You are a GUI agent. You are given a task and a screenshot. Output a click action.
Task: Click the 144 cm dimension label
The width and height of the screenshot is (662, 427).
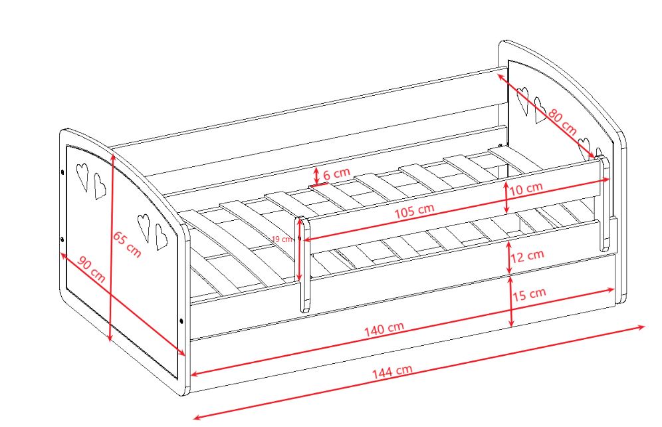pos(391,371)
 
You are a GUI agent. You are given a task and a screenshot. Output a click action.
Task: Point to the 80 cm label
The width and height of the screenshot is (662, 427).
pos(562,122)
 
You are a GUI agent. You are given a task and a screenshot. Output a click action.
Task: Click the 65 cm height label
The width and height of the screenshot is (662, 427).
pos(127,244)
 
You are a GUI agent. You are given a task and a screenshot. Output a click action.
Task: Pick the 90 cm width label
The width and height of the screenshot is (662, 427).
pos(92,269)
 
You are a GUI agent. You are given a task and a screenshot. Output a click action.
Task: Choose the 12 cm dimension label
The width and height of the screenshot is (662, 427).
pos(527,255)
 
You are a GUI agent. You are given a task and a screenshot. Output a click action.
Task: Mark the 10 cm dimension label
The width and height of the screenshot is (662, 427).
pos(526,188)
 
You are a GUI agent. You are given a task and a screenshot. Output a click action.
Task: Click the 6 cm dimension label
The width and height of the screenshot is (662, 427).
pos(336,173)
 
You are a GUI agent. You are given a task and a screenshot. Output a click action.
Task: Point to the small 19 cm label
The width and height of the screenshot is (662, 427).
pos(282,239)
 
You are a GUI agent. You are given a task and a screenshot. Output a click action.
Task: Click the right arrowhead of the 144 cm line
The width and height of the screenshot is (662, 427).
pos(642,327)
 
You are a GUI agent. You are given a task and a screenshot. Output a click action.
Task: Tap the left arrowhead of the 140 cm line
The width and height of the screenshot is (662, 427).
pos(195,373)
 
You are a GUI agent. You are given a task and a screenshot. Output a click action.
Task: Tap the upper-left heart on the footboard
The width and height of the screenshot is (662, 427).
pos(82,176)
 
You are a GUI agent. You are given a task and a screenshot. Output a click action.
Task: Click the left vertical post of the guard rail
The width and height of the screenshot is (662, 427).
pos(303,264)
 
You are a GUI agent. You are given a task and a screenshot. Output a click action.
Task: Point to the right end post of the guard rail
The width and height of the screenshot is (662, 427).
pos(604,203)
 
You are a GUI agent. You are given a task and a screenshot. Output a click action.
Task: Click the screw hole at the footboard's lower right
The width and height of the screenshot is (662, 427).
pos(182,321)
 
